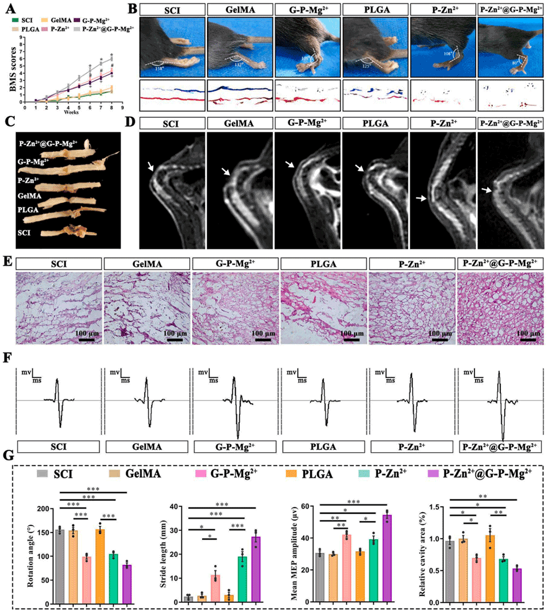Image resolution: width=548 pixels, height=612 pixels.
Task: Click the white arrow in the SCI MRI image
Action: (150, 166)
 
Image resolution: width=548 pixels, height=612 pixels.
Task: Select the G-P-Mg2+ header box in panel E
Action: (235, 263)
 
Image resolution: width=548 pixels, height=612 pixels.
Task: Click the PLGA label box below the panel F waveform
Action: (323, 447)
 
